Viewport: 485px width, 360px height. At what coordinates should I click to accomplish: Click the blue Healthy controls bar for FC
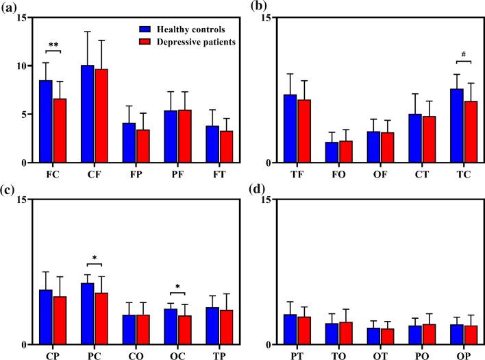click(x=45, y=121)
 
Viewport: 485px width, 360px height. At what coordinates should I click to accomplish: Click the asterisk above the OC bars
click(x=177, y=287)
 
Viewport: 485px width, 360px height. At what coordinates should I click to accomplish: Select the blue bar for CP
click(x=45, y=317)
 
